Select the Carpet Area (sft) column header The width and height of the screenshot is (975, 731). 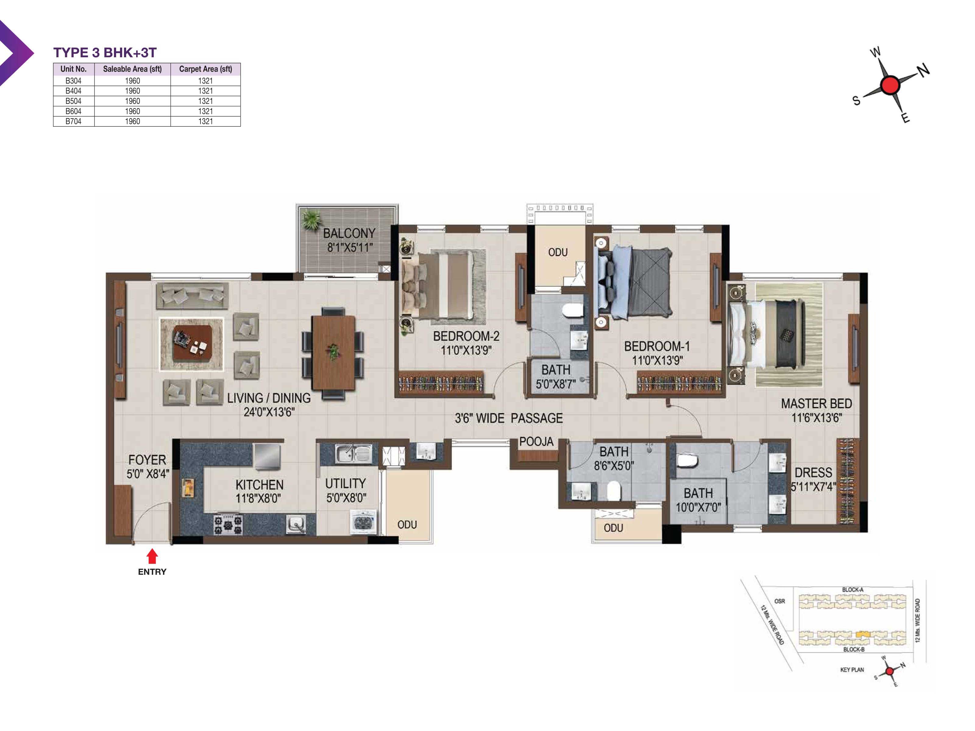coord(205,69)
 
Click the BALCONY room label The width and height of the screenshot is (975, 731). coord(349,233)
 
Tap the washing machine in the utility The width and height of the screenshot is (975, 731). coord(363,522)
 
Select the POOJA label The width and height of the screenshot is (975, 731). coord(536,442)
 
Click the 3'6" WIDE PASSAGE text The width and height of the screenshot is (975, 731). coord(509,418)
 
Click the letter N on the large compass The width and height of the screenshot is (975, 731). coord(924,70)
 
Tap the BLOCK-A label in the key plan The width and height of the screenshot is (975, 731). coord(853,590)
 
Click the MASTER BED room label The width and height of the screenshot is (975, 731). coord(816,404)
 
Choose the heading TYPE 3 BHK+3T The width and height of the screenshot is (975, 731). coord(105,52)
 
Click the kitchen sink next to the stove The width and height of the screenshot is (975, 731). coord(296,524)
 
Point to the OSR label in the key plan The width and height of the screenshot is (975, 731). coord(779,601)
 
